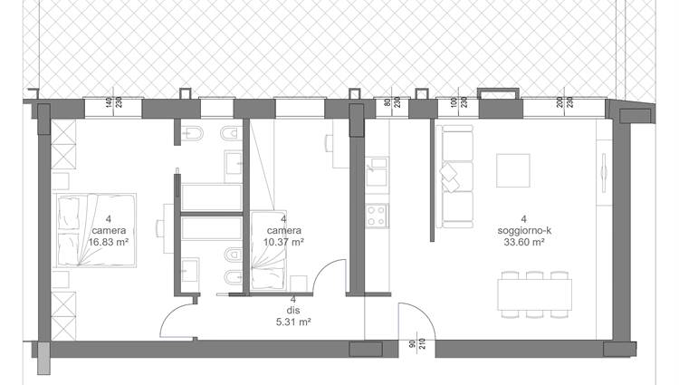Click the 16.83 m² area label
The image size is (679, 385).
point(109,242)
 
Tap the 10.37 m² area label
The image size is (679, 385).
point(283,242)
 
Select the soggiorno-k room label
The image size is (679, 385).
point(524,231)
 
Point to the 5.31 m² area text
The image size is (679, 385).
point(293,322)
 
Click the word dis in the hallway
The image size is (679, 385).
point(293,311)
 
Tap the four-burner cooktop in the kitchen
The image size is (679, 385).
point(377,216)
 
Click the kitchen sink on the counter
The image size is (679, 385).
point(377,172)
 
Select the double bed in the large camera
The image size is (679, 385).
point(96,230)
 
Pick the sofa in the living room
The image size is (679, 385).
point(454,177)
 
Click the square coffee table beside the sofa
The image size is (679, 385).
point(513,170)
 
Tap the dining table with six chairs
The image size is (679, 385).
point(535,294)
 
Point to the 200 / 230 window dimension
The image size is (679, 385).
point(565,102)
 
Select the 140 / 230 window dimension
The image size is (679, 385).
point(113,102)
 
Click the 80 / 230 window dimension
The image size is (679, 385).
point(392,102)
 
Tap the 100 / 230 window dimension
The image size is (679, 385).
point(459,102)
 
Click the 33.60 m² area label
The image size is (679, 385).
point(524,242)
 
